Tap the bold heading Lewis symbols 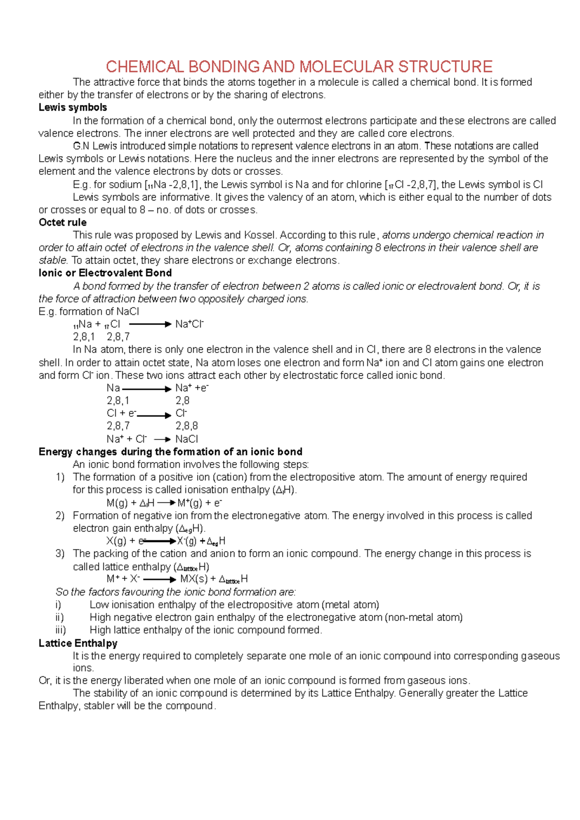point(72,108)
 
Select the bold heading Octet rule point(62,223)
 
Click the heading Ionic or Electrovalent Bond point(105,273)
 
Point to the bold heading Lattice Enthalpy point(78,643)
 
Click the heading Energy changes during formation point(170,452)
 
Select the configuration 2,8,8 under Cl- point(187,426)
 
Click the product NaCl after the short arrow point(187,439)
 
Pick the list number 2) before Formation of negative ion point(60,516)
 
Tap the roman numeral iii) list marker point(60,630)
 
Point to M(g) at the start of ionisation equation point(116,503)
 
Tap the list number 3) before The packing point(60,553)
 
